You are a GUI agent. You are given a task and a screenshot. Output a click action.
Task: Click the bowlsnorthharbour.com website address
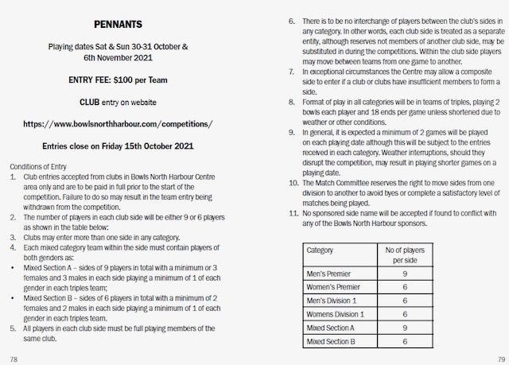(118, 125)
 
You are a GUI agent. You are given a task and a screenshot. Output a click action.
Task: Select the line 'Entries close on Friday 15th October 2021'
(117, 146)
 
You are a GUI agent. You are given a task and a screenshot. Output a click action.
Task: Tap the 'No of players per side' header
(404, 254)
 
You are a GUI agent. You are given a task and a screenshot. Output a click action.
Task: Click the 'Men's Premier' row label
(330, 273)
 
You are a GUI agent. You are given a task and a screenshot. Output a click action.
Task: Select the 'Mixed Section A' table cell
(330, 327)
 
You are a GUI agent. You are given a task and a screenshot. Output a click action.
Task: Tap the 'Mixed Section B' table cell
(330, 341)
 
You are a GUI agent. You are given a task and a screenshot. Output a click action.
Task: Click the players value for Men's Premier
(404, 273)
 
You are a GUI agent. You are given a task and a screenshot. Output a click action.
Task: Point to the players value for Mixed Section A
(404, 327)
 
